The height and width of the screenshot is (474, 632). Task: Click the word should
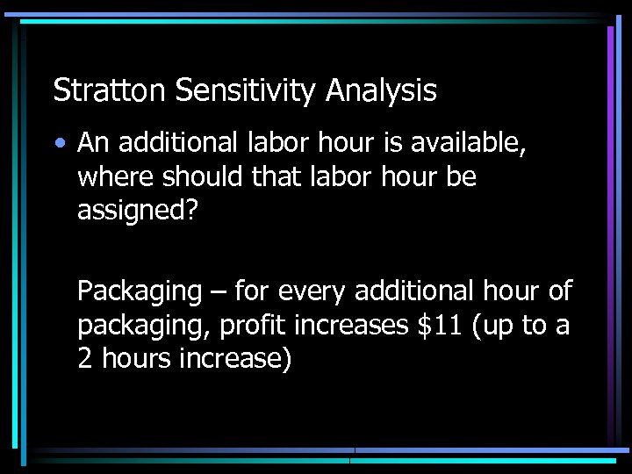point(193,176)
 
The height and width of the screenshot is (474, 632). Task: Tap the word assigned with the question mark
point(133,211)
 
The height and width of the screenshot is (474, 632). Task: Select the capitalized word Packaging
point(140,291)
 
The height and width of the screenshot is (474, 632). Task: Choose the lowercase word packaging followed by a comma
point(143,325)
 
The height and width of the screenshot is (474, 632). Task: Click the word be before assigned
point(462,176)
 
